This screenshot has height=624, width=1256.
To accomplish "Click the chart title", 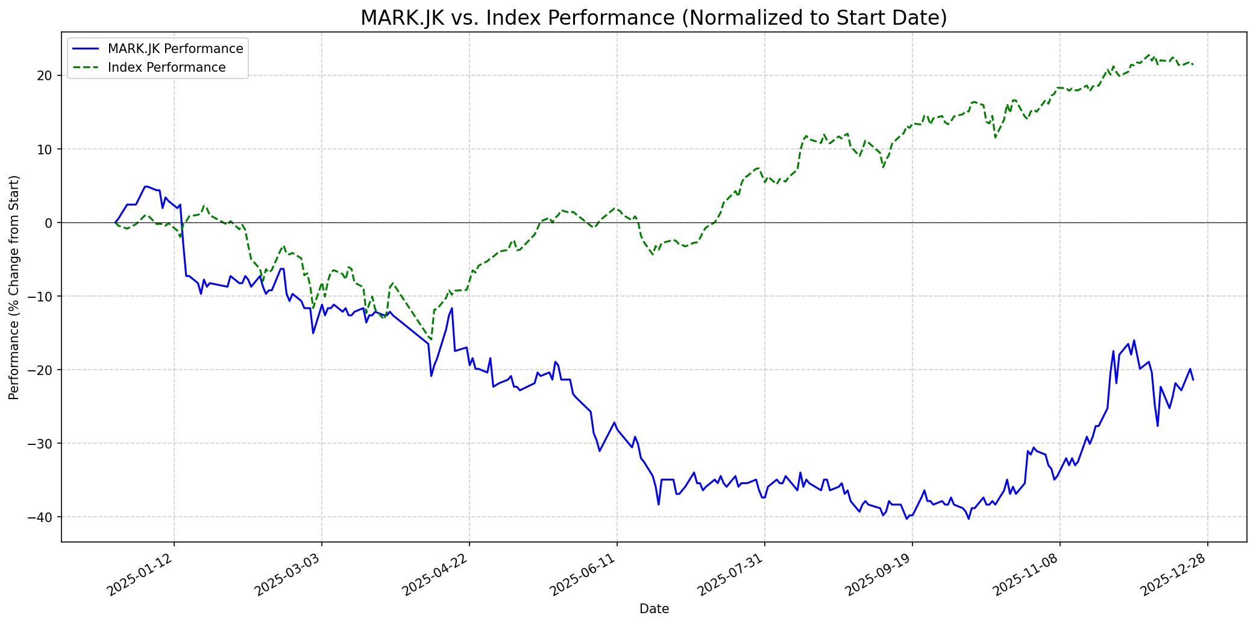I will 653,18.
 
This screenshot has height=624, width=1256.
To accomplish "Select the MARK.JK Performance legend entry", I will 175,49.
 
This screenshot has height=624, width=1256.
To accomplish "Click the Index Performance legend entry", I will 166,68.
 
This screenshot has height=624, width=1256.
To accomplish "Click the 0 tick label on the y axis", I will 49,222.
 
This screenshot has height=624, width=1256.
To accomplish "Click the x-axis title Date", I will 654,609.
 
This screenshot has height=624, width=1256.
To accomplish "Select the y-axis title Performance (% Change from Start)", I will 14,287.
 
